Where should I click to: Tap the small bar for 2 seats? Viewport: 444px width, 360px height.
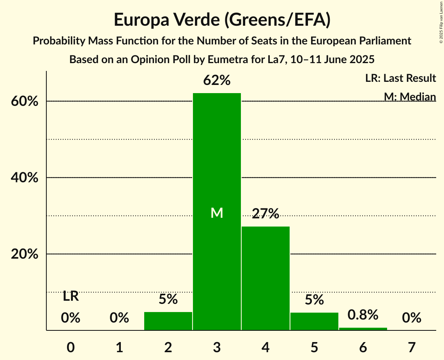168,321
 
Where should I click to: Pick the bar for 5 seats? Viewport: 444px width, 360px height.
314,321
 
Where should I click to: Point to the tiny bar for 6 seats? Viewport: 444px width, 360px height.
363,329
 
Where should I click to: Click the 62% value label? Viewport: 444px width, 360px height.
217,81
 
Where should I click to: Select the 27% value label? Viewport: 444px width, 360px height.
265,214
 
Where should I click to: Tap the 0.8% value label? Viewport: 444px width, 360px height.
363,314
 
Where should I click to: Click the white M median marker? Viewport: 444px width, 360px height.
217,213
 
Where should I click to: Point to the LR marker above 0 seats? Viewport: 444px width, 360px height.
71,296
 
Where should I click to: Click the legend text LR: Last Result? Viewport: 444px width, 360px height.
400,78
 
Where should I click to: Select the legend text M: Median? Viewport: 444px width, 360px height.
410,97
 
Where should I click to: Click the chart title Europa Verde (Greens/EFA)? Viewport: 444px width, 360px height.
222,20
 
